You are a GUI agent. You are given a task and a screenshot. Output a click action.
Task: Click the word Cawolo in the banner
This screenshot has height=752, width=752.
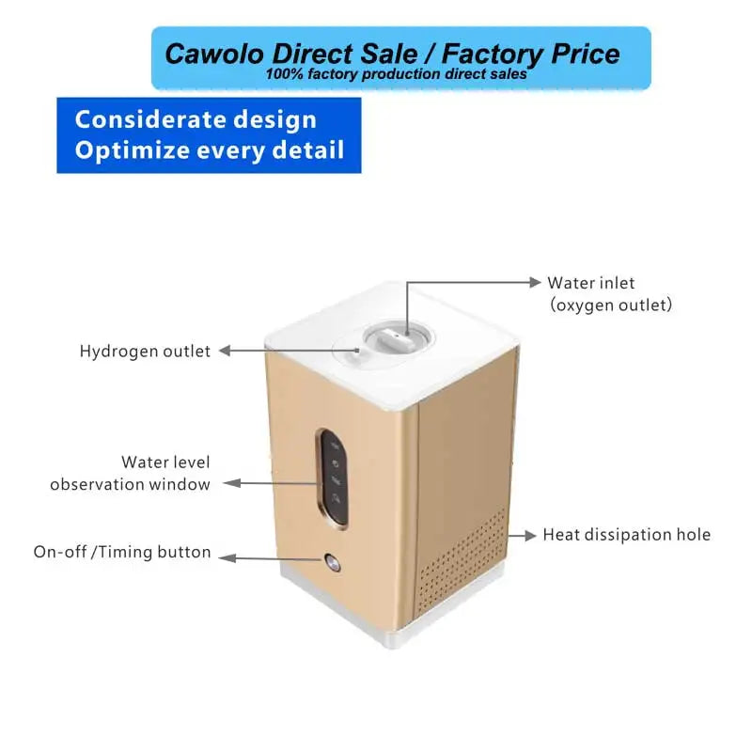[214, 54]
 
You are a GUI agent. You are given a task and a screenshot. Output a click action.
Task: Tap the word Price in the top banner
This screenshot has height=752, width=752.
[585, 54]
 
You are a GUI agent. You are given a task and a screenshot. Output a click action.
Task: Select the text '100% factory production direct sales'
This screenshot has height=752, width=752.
[396, 74]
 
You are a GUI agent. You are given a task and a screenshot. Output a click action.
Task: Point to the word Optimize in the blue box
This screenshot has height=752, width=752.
[133, 150]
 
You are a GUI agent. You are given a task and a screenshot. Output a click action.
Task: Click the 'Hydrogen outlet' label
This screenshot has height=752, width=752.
[145, 351]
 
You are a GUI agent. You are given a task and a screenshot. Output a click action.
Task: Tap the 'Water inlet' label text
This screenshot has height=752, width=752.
[591, 283]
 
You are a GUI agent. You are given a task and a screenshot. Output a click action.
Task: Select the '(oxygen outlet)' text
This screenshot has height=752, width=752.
[611, 305]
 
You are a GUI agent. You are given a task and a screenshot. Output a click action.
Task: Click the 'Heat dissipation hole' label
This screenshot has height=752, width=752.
[626, 535]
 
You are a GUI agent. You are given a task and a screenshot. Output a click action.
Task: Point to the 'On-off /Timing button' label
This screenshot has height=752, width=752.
[122, 552]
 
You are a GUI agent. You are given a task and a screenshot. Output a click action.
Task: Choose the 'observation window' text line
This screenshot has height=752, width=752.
[130, 484]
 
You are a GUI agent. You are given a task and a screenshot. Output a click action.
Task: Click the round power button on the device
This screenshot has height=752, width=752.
[332, 561]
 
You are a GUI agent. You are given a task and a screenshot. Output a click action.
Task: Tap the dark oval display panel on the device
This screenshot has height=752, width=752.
[334, 478]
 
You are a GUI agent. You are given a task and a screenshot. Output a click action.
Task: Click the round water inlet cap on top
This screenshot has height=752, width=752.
[397, 337]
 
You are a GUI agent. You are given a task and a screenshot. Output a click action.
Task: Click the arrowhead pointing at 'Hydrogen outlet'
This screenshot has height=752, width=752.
[225, 351]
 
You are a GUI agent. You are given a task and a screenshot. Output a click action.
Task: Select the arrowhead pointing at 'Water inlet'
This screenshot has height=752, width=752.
[535, 282]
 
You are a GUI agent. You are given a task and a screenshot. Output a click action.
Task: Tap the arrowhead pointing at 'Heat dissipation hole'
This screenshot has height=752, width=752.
[530, 535]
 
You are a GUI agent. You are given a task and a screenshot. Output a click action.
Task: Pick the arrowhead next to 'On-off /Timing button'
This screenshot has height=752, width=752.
[227, 558]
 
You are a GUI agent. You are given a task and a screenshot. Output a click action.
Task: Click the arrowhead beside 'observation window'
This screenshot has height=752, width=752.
[232, 483]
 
